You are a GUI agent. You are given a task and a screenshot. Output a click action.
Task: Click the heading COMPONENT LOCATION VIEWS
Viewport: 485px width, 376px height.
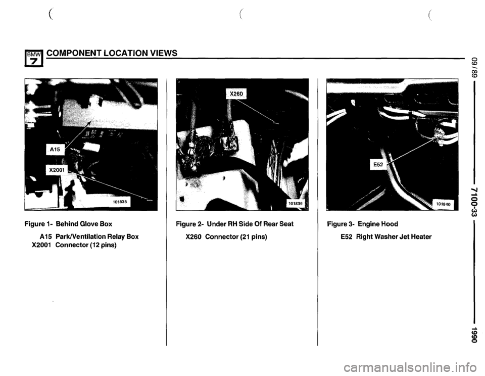(112, 53)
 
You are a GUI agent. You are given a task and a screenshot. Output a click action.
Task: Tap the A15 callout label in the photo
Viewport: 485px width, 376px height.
(55, 150)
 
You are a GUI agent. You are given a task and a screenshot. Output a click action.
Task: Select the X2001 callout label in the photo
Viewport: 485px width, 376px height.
(56, 170)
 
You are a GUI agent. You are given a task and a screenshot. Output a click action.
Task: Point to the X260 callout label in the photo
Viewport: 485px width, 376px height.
(237, 93)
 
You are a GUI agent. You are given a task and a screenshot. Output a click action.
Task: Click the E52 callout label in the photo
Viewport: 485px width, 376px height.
(378, 165)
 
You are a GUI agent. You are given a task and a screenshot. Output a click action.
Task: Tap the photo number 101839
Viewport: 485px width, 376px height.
(296, 204)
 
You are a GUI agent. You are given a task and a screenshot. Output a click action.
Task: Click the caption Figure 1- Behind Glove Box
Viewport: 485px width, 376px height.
(68, 224)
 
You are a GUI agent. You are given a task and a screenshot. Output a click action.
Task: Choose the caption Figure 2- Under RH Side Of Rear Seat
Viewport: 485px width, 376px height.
(234, 224)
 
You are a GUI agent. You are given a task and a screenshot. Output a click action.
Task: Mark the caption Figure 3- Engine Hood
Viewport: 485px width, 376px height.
(363, 224)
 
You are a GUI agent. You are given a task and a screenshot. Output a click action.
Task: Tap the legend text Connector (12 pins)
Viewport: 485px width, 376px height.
(86, 245)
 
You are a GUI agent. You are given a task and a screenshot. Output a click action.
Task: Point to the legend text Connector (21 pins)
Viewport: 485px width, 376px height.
(236, 237)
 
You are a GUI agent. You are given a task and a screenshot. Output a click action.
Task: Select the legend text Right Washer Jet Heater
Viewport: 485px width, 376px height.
(394, 237)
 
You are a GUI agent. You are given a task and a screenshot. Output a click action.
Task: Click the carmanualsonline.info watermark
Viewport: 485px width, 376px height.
(412, 367)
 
